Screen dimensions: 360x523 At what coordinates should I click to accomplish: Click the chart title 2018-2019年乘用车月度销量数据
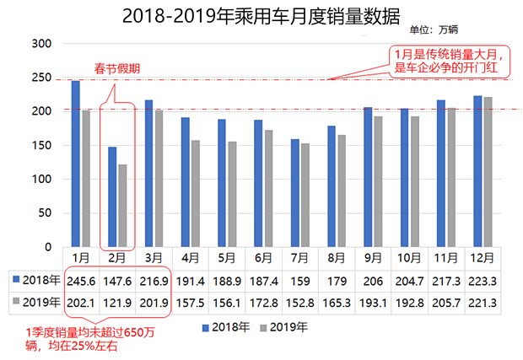[261, 14]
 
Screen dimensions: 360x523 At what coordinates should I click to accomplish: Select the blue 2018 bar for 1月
[75, 164]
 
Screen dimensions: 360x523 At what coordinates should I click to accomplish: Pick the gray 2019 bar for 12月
[488, 172]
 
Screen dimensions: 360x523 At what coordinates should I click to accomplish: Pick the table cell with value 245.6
[81, 280]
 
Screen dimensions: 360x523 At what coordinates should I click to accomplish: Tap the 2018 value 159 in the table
[299, 280]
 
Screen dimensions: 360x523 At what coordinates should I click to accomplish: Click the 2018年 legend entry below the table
[226, 325]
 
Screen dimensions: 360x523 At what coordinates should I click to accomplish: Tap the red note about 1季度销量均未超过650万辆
[93, 339]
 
